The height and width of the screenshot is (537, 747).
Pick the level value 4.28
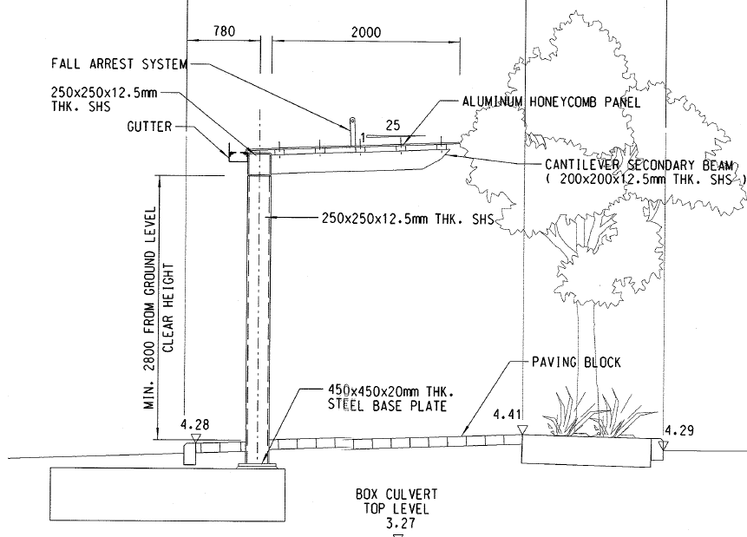click(195, 425)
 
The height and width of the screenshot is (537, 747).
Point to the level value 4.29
click(678, 429)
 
